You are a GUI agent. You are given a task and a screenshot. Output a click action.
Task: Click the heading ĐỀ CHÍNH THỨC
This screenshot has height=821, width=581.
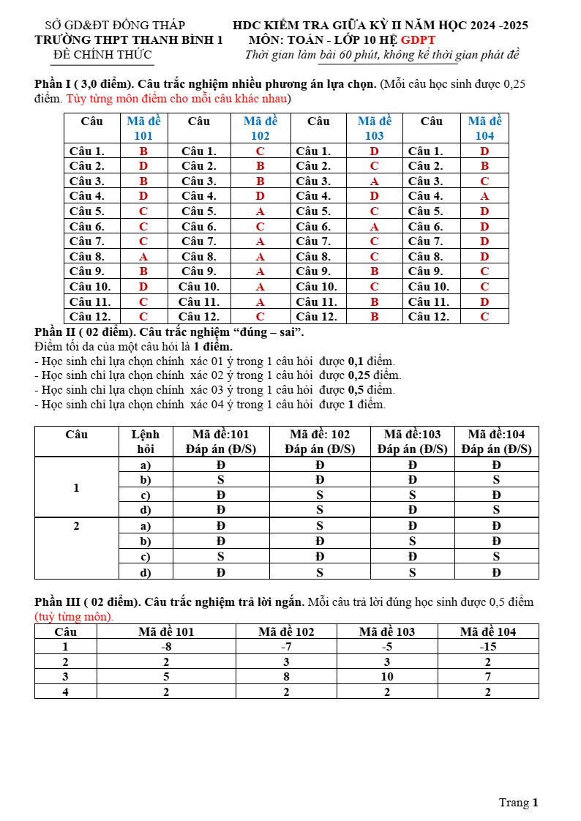(102, 55)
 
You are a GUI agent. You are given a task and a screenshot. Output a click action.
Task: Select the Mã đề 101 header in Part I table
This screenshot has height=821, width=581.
(143, 128)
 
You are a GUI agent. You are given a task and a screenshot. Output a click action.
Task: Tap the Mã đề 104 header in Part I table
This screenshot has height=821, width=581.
(484, 128)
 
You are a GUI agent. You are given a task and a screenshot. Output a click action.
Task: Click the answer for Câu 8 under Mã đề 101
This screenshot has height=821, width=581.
(143, 257)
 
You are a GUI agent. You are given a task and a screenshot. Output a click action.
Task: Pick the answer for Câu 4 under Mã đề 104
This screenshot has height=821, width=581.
(484, 196)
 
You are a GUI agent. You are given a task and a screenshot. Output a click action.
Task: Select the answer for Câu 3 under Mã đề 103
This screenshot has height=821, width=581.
(374, 181)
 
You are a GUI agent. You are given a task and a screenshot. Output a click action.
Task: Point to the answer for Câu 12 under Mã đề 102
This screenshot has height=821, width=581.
(260, 317)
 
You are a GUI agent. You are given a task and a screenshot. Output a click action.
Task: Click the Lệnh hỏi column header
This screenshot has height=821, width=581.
(145, 442)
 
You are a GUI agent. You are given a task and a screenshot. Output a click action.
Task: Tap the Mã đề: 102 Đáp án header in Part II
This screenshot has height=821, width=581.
(320, 442)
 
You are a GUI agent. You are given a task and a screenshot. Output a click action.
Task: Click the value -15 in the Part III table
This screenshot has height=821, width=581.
(488, 647)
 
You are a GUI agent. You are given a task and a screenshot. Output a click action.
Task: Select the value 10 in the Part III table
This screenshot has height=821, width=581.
(387, 676)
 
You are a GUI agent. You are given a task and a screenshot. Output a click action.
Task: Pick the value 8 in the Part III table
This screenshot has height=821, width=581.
(286, 676)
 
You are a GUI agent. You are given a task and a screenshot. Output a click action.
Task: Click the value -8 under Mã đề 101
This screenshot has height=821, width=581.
(166, 647)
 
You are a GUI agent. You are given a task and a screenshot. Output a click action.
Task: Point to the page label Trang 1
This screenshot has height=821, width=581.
(518, 803)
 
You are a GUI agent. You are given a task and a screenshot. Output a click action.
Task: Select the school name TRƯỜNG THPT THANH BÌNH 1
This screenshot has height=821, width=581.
(129, 40)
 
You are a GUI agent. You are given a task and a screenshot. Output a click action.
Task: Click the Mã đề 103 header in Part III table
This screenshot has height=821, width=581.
(387, 631)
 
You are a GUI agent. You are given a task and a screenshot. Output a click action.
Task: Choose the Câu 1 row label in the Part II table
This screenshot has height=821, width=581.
(76, 487)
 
